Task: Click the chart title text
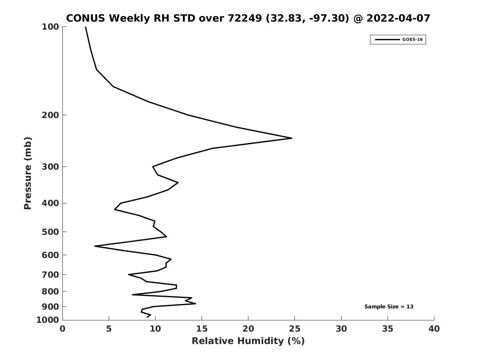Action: (x=248, y=18)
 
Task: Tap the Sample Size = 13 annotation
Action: (x=389, y=307)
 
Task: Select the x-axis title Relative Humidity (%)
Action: (x=248, y=341)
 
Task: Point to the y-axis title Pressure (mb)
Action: (x=28, y=173)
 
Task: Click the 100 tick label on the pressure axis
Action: (x=50, y=27)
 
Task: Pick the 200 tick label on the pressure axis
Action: (x=50, y=115)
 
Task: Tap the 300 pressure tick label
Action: (x=50, y=167)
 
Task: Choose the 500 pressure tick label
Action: (x=50, y=232)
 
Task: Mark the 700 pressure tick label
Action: (x=50, y=275)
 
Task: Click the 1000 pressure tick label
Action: (x=48, y=320)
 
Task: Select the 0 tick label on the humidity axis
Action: (x=63, y=329)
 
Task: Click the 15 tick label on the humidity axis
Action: (x=202, y=329)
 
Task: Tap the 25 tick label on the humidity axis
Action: (x=295, y=329)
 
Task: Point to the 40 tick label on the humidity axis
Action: (x=434, y=329)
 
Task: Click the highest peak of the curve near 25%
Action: (x=292, y=138)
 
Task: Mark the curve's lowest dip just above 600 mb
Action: (x=95, y=246)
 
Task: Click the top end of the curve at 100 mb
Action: (x=85, y=27)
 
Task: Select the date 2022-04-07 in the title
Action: (x=399, y=18)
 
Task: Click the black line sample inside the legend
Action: (x=387, y=40)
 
